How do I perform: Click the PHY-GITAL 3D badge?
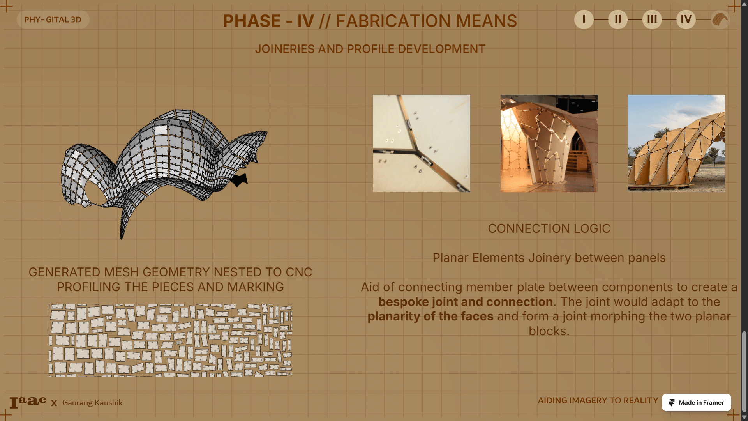[53, 19]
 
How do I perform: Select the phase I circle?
[584, 19]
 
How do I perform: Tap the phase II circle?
[618, 19]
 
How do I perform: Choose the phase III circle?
[652, 19]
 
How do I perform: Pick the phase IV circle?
[686, 19]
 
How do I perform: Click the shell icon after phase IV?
[720, 19]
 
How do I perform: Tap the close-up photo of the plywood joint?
[422, 143]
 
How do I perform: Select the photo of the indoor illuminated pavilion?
[549, 143]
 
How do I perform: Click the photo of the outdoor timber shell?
[677, 143]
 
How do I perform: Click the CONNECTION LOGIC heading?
[549, 228]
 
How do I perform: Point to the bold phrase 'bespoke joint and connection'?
[466, 302]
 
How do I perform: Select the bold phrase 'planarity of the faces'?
[430, 317]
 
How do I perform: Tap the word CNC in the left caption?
[299, 272]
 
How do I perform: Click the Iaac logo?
[28, 402]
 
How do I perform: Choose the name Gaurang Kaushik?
[92, 403]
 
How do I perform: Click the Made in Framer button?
[696, 403]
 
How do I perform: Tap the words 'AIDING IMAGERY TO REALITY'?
[598, 401]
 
